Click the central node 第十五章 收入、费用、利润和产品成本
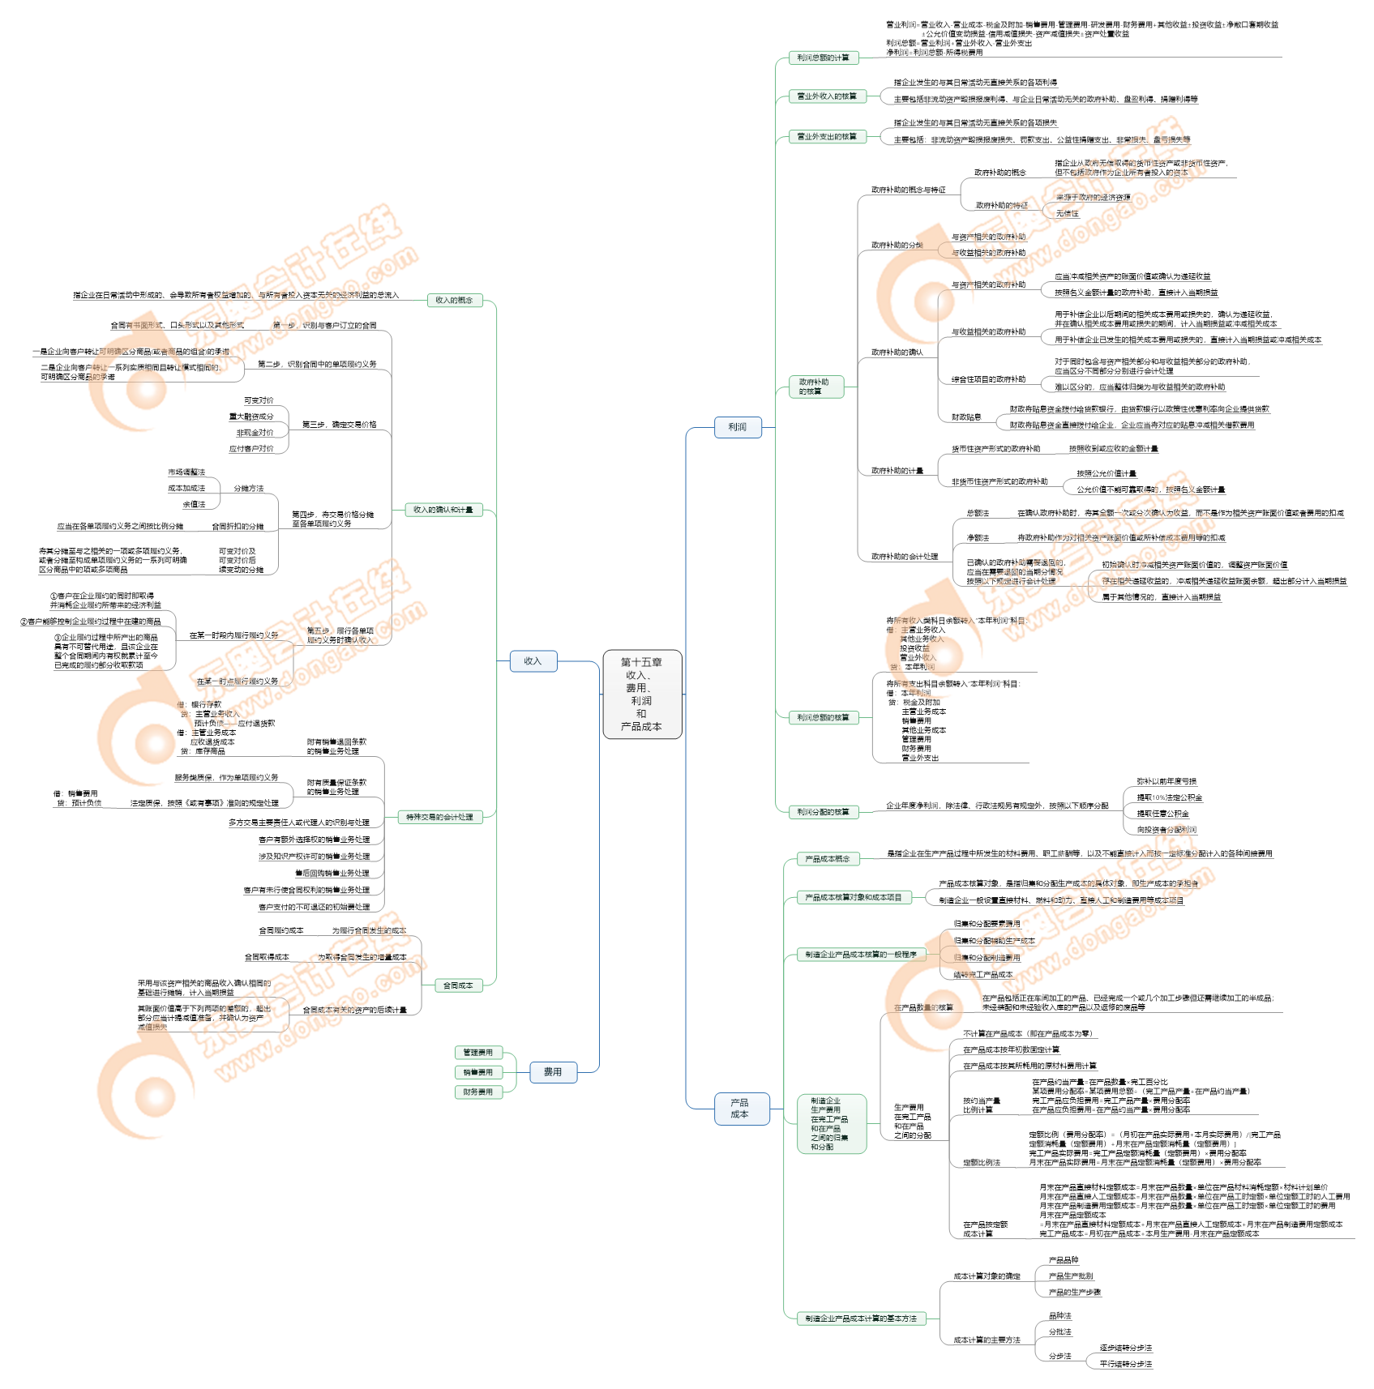click(642, 694)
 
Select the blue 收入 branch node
click(533, 661)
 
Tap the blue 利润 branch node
click(738, 427)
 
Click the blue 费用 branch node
click(553, 1072)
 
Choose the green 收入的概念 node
click(454, 301)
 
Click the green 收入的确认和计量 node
click(443, 510)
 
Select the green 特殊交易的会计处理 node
click(439, 817)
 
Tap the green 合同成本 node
click(458, 985)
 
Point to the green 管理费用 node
click(478, 1053)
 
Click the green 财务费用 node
click(478, 1092)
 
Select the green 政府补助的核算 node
click(815, 387)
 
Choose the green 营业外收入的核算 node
click(827, 96)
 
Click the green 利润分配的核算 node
click(823, 812)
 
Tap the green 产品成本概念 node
click(828, 859)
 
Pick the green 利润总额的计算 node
click(823, 58)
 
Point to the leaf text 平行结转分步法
click(1125, 1364)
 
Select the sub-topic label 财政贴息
click(966, 417)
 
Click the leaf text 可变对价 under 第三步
click(259, 401)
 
